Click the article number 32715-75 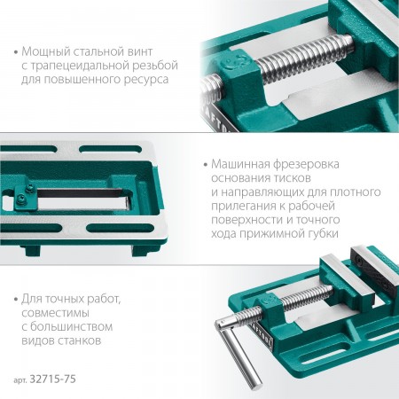[53, 379]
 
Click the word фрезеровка [306, 164]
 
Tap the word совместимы [55, 313]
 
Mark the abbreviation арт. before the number [20, 380]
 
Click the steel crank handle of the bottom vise [241, 356]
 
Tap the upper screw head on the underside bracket [29, 187]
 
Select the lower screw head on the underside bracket [21, 198]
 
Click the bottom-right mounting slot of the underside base [121, 228]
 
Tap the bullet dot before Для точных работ [16, 300]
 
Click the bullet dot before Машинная [206, 165]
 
